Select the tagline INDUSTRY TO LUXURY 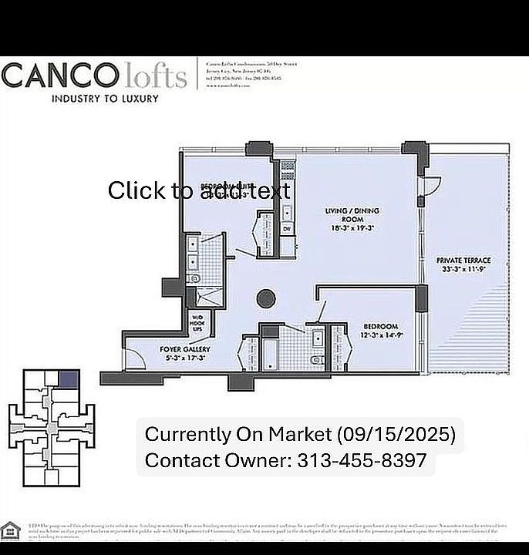(x=105, y=99)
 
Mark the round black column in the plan (x=267, y=298)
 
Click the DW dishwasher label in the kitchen (x=286, y=229)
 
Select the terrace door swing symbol (x=432, y=186)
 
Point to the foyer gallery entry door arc (x=135, y=357)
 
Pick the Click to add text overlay (x=199, y=190)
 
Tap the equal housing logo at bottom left (x=10, y=531)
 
